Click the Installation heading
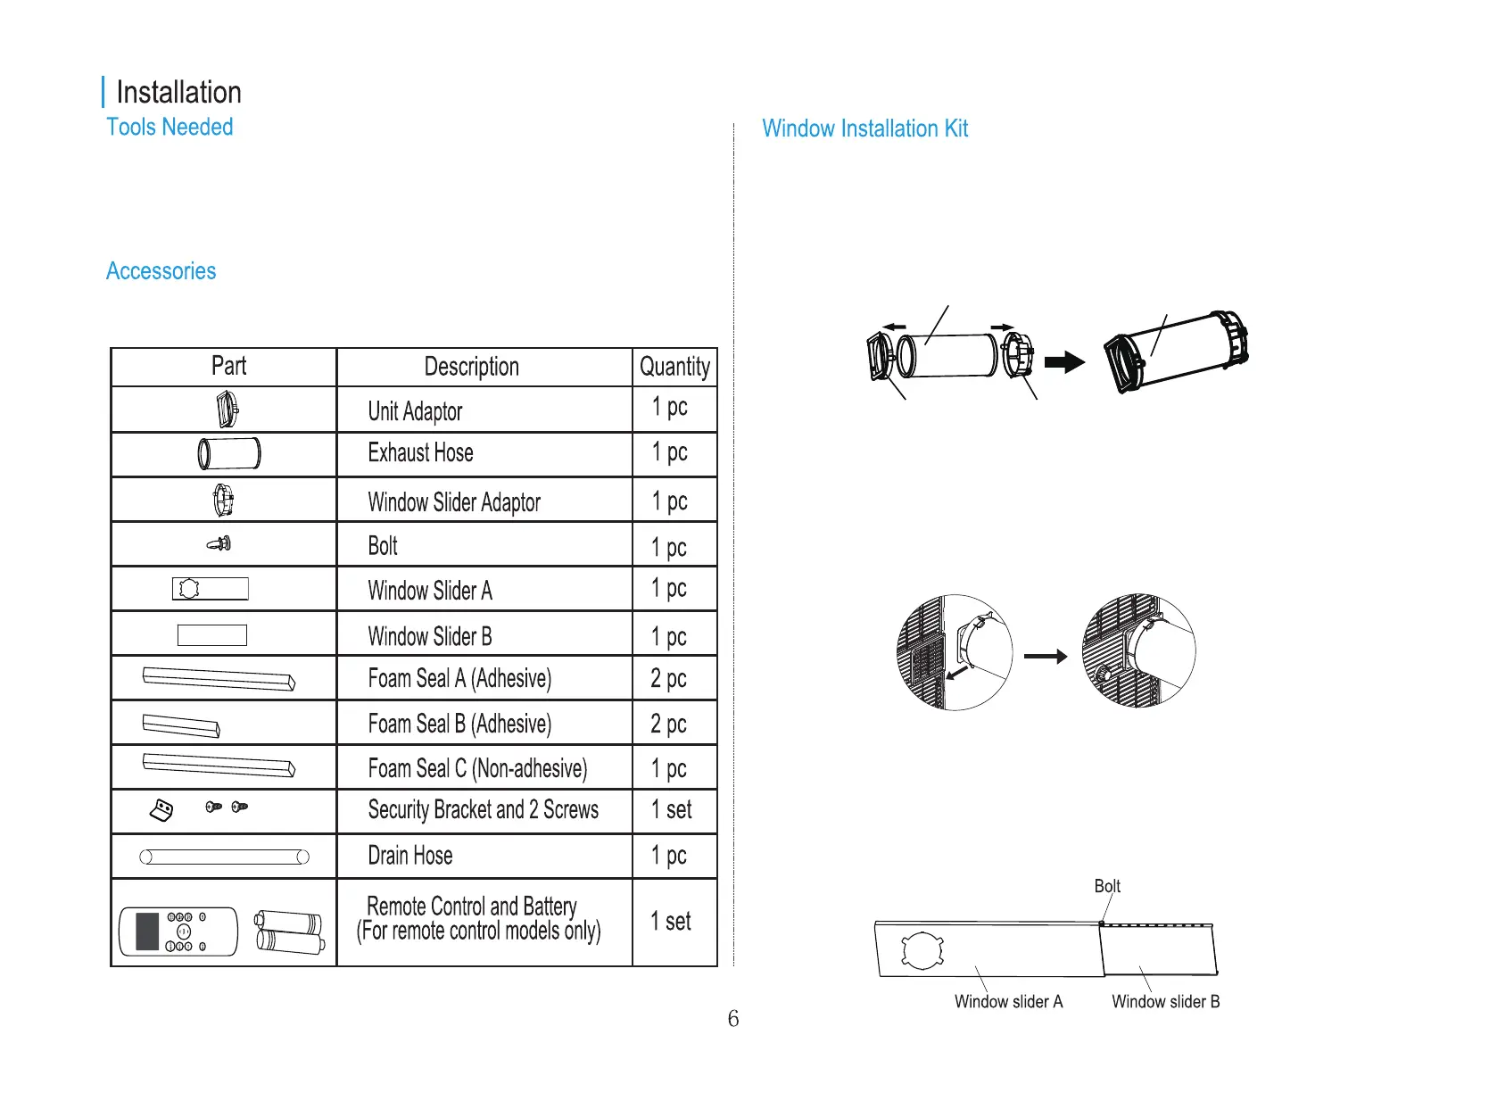(178, 93)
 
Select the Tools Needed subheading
(170, 128)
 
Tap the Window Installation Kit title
(864, 129)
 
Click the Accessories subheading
(161, 271)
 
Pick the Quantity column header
(674, 367)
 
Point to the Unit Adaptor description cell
(415, 411)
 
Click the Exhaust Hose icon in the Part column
(229, 453)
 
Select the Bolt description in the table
(383, 546)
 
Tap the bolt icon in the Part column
(219, 543)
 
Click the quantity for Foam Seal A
(668, 679)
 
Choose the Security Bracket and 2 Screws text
(483, 810)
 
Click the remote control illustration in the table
(178, 932)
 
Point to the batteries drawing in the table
(288, 932)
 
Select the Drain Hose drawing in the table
(224, 857)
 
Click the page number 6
(733, 1019)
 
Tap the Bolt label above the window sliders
(1107, 886)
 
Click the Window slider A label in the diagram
(1008, 1002)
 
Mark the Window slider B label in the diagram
(1165, 1002)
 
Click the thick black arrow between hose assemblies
(1063, 362)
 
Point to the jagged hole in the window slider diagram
(922, 950)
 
